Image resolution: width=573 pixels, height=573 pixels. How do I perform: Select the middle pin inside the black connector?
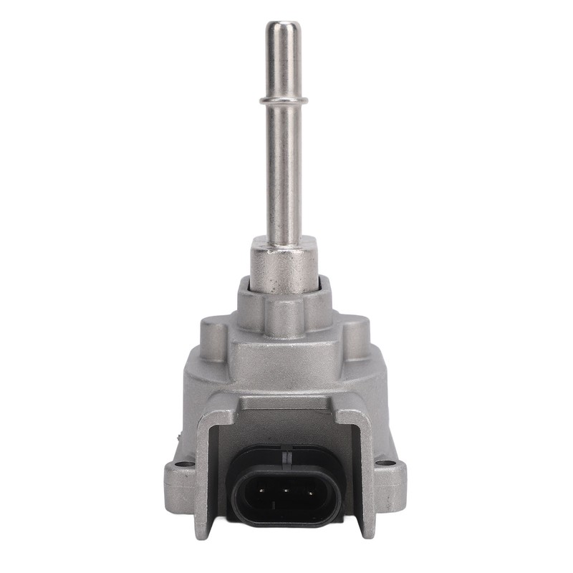(286, 493)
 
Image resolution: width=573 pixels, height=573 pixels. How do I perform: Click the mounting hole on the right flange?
(387, 464)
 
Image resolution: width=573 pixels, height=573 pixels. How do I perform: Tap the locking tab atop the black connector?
(286, 453)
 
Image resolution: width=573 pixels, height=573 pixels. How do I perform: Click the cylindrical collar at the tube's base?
(284, 265)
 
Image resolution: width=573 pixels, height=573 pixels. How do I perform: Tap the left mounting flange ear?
(179, 487)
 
